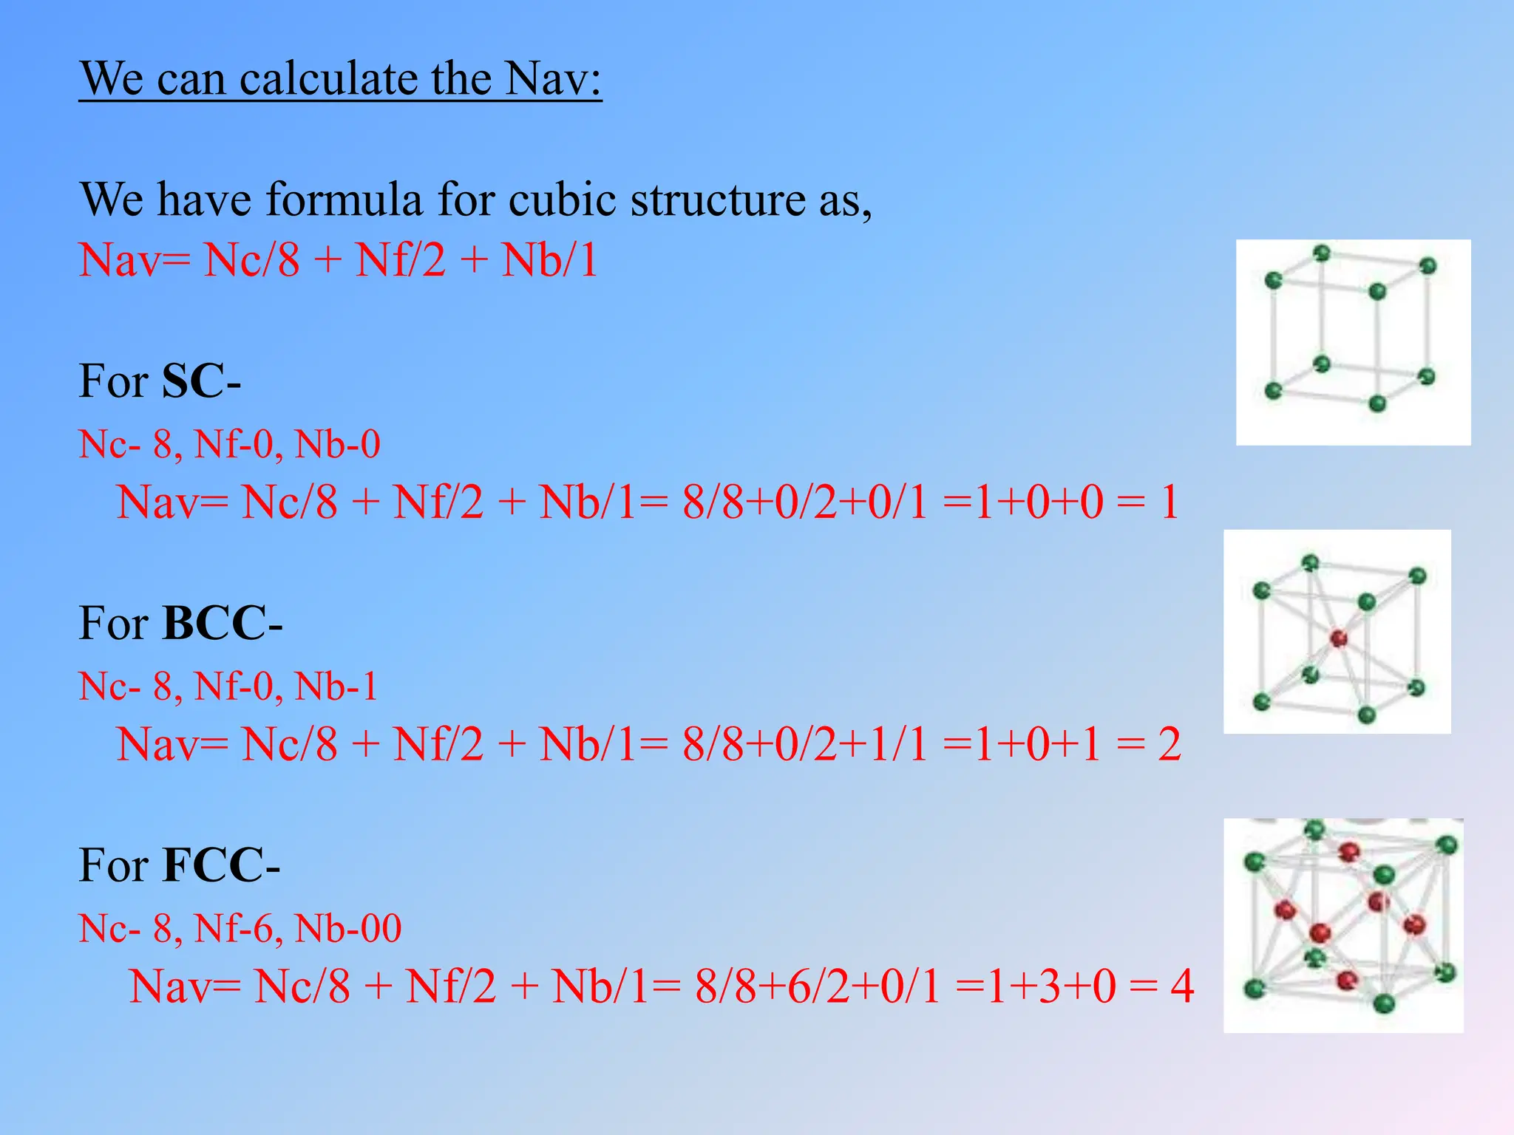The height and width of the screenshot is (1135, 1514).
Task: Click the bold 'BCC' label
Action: [214, 623]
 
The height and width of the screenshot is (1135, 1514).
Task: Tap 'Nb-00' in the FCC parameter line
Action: [348, 928]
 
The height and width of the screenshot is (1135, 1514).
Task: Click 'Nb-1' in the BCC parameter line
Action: [336, 686]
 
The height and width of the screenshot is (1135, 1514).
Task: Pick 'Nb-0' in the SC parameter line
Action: [337, 444]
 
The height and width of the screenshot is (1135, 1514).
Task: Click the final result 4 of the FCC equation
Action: [1181, 986]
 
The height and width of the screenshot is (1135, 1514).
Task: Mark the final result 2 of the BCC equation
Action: [1169, 744]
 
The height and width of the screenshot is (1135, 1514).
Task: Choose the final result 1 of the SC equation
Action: [1169, 502]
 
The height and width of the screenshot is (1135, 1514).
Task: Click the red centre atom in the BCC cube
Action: [1338, 638]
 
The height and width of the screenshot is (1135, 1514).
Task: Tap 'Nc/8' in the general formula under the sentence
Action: [252, 260]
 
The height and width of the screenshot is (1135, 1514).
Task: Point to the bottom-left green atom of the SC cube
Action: [1273, 391]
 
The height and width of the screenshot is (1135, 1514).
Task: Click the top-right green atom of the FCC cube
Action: [1447, 845]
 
